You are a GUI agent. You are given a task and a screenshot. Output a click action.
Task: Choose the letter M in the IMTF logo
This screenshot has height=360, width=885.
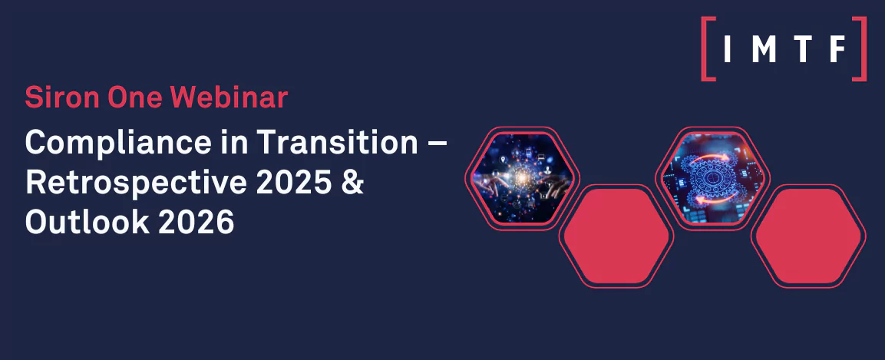763,48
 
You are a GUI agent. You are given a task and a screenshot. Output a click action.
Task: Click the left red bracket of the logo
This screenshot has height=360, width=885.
708,48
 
